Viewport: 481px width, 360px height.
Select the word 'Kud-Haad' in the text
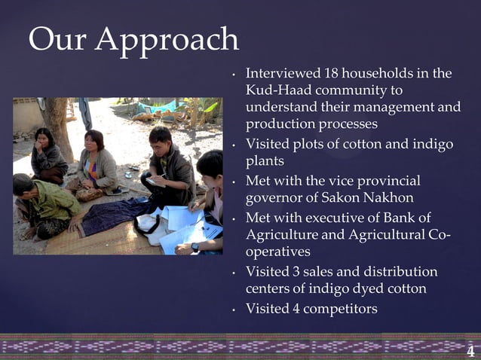(277, 90)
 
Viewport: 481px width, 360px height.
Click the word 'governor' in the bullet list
(277, 198)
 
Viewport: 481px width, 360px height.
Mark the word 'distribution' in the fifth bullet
(400, 271)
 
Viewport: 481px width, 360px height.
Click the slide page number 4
(470, 351)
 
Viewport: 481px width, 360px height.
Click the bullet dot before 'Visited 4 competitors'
(236, 309)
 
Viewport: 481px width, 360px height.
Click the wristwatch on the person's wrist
(195, 246)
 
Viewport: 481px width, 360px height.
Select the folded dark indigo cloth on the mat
(113, 214)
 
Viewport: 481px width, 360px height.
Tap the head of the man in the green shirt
(23, 185)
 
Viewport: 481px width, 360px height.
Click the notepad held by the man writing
(155, 181)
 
